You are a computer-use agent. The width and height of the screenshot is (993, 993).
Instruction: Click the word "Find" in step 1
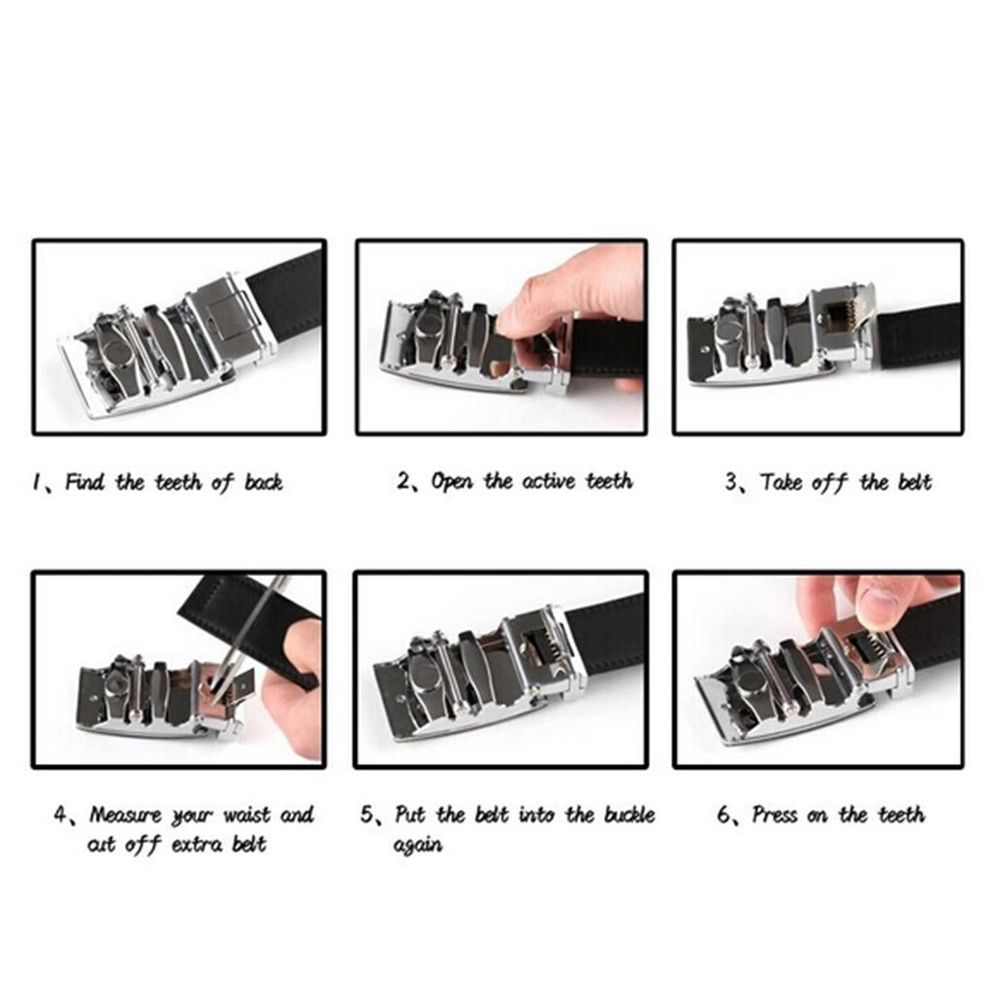pos(85,483)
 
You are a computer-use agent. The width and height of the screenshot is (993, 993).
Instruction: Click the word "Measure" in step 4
pos(125,815)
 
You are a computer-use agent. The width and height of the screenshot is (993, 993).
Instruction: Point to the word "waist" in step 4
pos(247,815)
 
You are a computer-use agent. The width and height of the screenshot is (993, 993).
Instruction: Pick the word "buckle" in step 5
pos(628,815)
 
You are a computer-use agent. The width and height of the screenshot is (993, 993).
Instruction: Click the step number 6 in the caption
pos(723,815)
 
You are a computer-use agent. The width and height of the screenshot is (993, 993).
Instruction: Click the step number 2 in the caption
pos(403,481)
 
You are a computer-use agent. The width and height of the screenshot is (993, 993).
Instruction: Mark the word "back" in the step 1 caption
pos(264,483)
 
